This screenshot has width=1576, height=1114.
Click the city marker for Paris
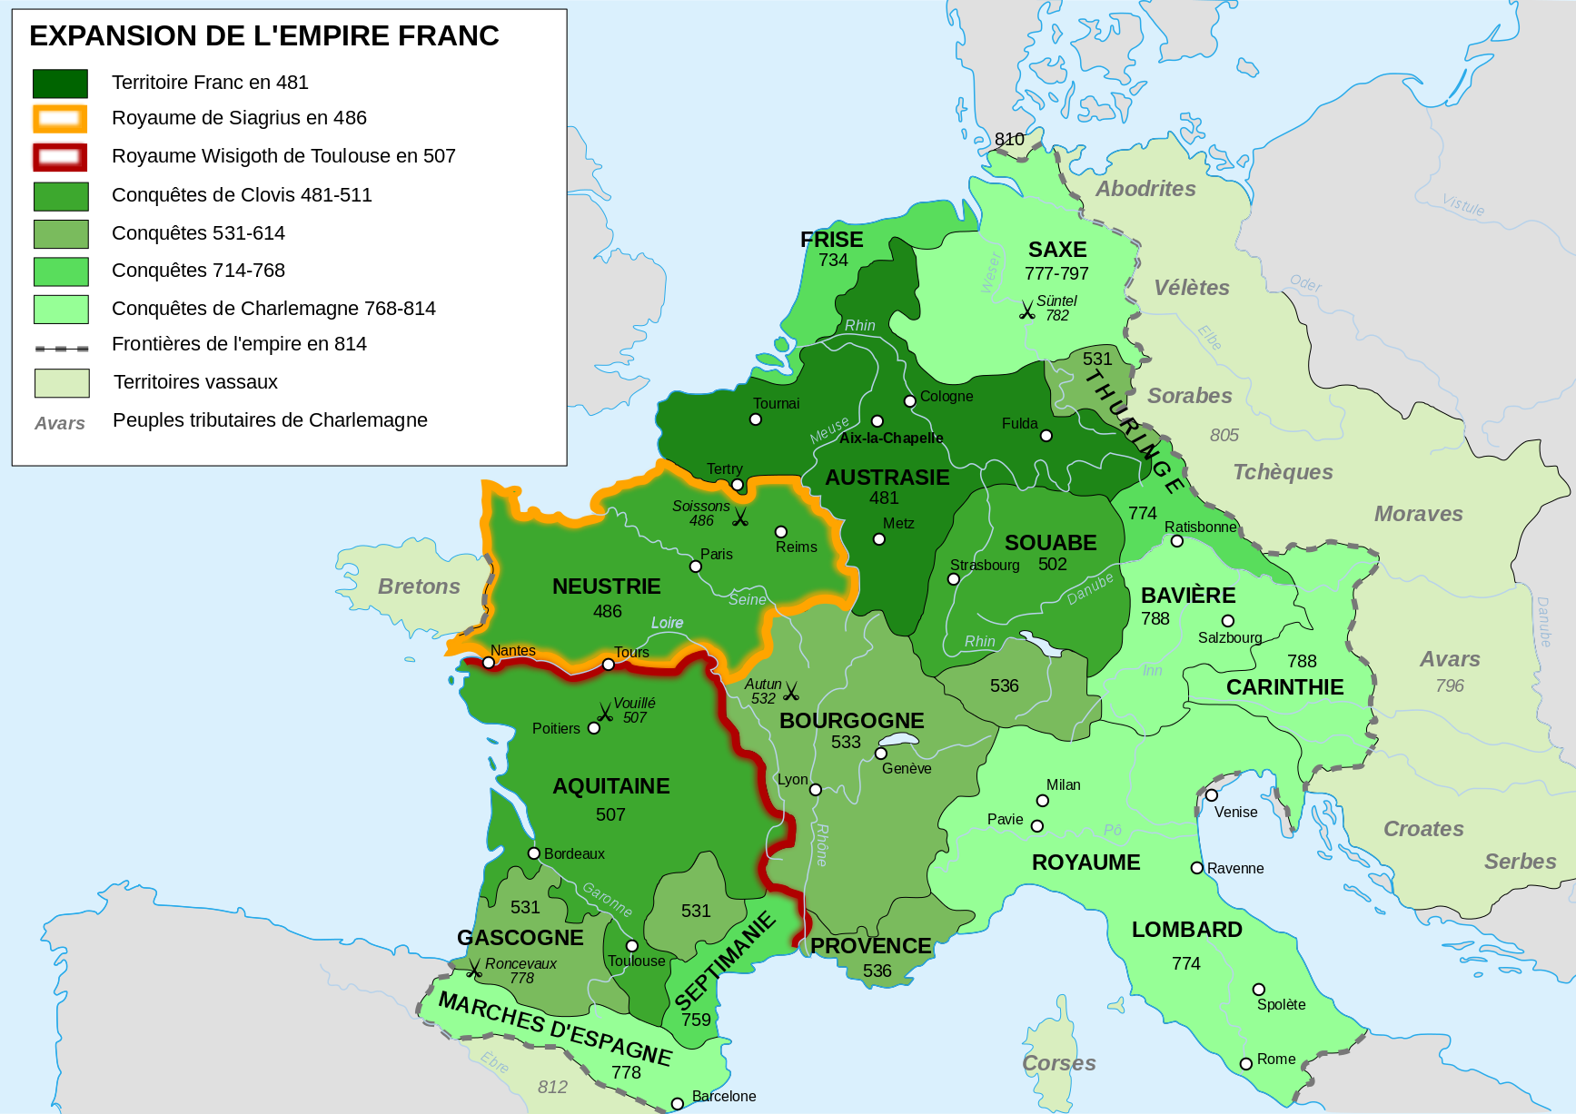pyautogui.click(x=696, y=567)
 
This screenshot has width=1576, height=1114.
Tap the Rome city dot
pyautogui.click(x=1246, y=1064)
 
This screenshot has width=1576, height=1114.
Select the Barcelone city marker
pyautogui.click(x=677, y=1104)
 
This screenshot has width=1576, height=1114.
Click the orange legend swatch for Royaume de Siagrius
pyautogui.click(x=60, y=119)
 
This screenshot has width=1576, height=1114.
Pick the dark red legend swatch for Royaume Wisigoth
pyautogui.click(x=60, y=157)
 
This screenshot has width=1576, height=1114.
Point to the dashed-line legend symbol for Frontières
pyautogui.click(x=61, y=348)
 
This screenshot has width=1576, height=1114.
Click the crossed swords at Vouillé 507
pyautogui.click(x=605, y=713)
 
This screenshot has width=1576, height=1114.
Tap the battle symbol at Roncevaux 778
pyautogui.click(x=473, y=970)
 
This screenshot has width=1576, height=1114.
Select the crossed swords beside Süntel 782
pyautogui.click(x=1026, y=311)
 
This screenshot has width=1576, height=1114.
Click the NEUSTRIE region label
pyautogui.click(x=606, y=587)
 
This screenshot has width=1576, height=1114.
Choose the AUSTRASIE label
pyautogui.click(x=887, y=478)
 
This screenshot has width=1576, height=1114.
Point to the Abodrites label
pyautogui.click(x=1145, y=189)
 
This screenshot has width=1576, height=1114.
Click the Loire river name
pyautogui.click(x=667, y=623)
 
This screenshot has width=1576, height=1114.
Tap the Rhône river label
pyautogui.click(x=822, y=844)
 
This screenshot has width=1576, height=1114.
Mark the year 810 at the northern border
pyautogui.click(x=1008, y=139)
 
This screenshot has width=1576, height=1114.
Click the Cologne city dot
pyautogui.click(x=909, y=401)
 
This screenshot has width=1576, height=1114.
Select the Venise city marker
pyautogui.click(x=1212, y=795)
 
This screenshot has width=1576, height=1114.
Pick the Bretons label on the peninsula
pyautogui.click(x=419, y=587)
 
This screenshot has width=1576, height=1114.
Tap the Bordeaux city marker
pyautogui.click(x=534, y=853)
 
